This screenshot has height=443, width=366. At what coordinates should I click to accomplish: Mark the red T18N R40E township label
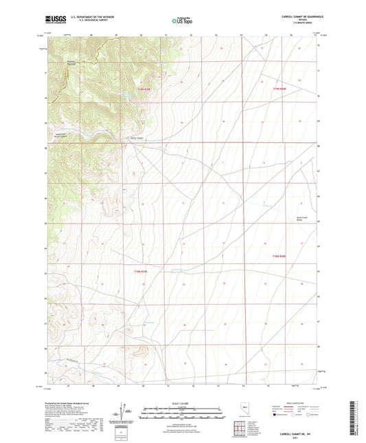[x=277, y=256]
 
